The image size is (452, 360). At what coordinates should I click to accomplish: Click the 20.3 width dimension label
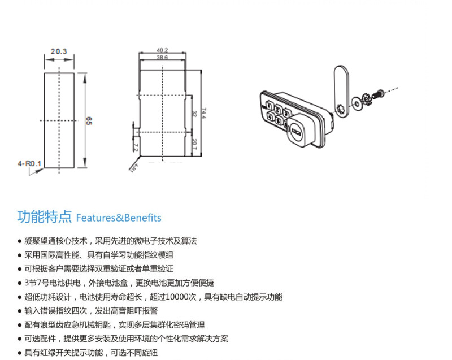click(x=59, y=51)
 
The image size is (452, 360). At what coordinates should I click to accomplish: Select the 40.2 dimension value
click(x=163, y=50)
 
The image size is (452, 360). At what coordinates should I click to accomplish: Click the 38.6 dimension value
click(x=162, y=58)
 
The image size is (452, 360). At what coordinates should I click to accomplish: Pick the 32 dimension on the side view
click(x=194, y=114)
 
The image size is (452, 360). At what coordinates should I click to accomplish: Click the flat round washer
click(x=357, y=103)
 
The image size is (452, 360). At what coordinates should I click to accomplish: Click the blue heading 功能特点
click(x=45, y=217)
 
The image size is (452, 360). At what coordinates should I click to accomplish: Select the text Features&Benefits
click(x=119, y=218)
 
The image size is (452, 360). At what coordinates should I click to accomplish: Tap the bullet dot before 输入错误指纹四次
click(x=20, y=311)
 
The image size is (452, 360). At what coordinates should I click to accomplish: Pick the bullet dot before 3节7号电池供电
click(x=20, y=283)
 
